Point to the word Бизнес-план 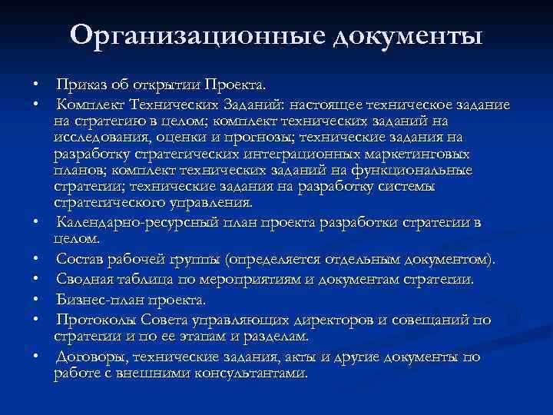[x=95, y=300]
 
